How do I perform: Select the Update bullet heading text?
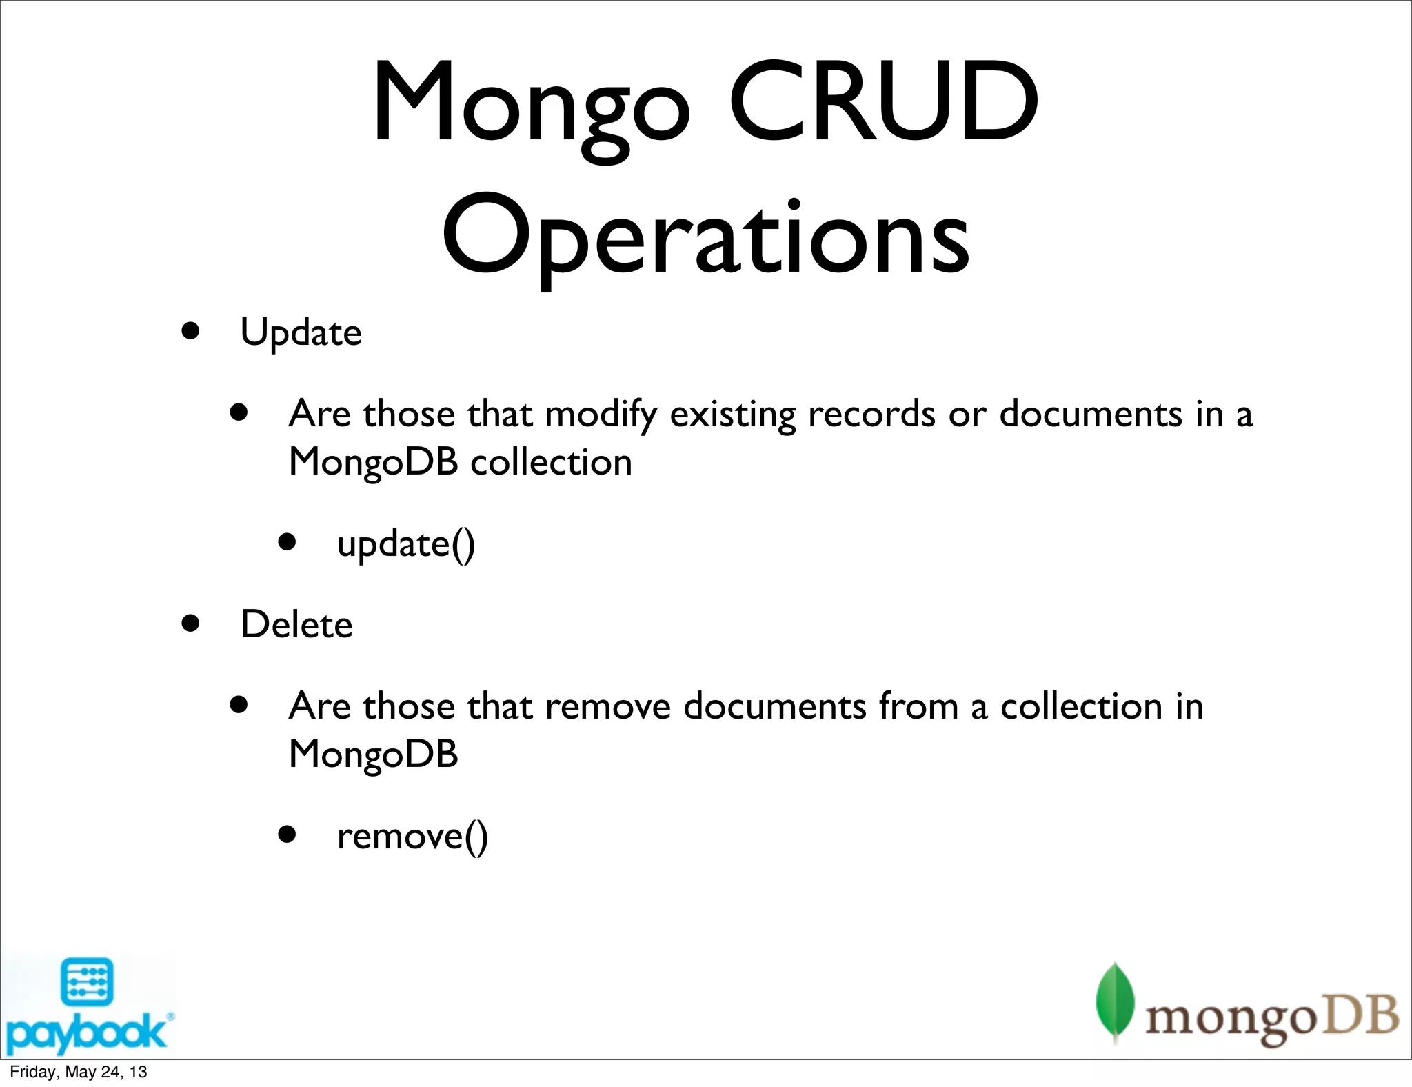(x=301, y=332)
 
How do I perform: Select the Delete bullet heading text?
(x=296, y=625)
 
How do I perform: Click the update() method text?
(x=406, y=544)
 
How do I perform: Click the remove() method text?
(x=412, y=837)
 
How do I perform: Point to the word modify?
(x=601, y=415)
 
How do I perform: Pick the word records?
(x=871, y=414)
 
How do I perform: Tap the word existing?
(x=732, y=415)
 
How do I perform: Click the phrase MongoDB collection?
(x=460, y=461)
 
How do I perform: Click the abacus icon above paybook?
(x=87, y=981)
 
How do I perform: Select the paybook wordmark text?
(x=86, y=1033)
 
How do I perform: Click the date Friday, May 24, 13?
(x=78, y=1072)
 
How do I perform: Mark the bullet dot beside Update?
(x=190, y=331)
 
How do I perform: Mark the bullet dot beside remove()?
(x=287, y=835)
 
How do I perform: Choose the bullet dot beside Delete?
(x=190, y=624)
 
